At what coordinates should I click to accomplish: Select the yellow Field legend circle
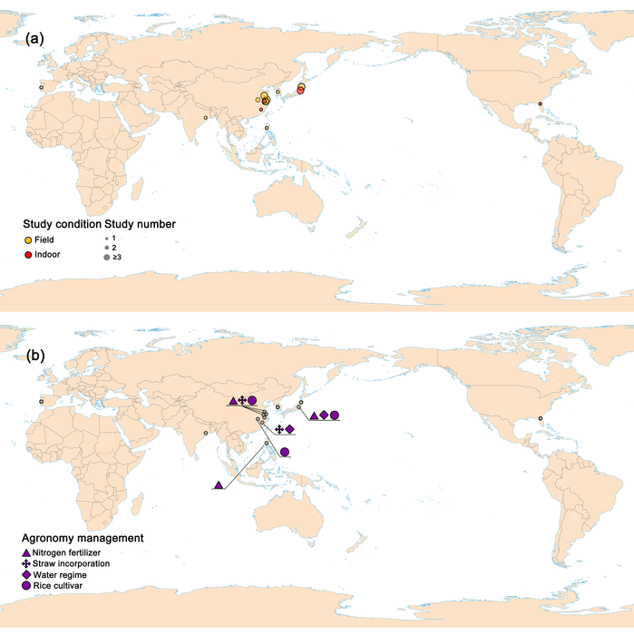pyautogui.click(x=28, y=240)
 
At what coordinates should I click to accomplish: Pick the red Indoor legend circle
pyautogui.click(x=28, y=255)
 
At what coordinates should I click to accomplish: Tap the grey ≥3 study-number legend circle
pyautogui.click(x=106, y=258)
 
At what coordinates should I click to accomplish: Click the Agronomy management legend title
pyautogui.click(x=84, y=538)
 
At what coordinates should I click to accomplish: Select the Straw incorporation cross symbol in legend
pyautogui.click(x=26, y=564)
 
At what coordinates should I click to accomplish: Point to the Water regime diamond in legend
pyautogui.click(x=26, y=575)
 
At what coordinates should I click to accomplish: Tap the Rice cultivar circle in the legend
pyautogui.click(x=26, y=587)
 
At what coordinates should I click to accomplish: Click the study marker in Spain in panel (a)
pyautogui.click(x=41, y=88)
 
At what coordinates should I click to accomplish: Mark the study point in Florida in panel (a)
pyautogui.click(x=541, y=104)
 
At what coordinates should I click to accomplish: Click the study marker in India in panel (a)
pyautogui.click(x=206, y=117)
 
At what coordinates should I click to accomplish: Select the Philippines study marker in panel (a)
pyautogui.click(x=268, y=128)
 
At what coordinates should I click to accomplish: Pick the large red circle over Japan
pyautogui.click(x=300, y=89)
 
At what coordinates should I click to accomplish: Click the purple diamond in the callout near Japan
pyautogui.click(x=324, y=415)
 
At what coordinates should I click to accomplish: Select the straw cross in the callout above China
pyautogui.click(x=242, y=400)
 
